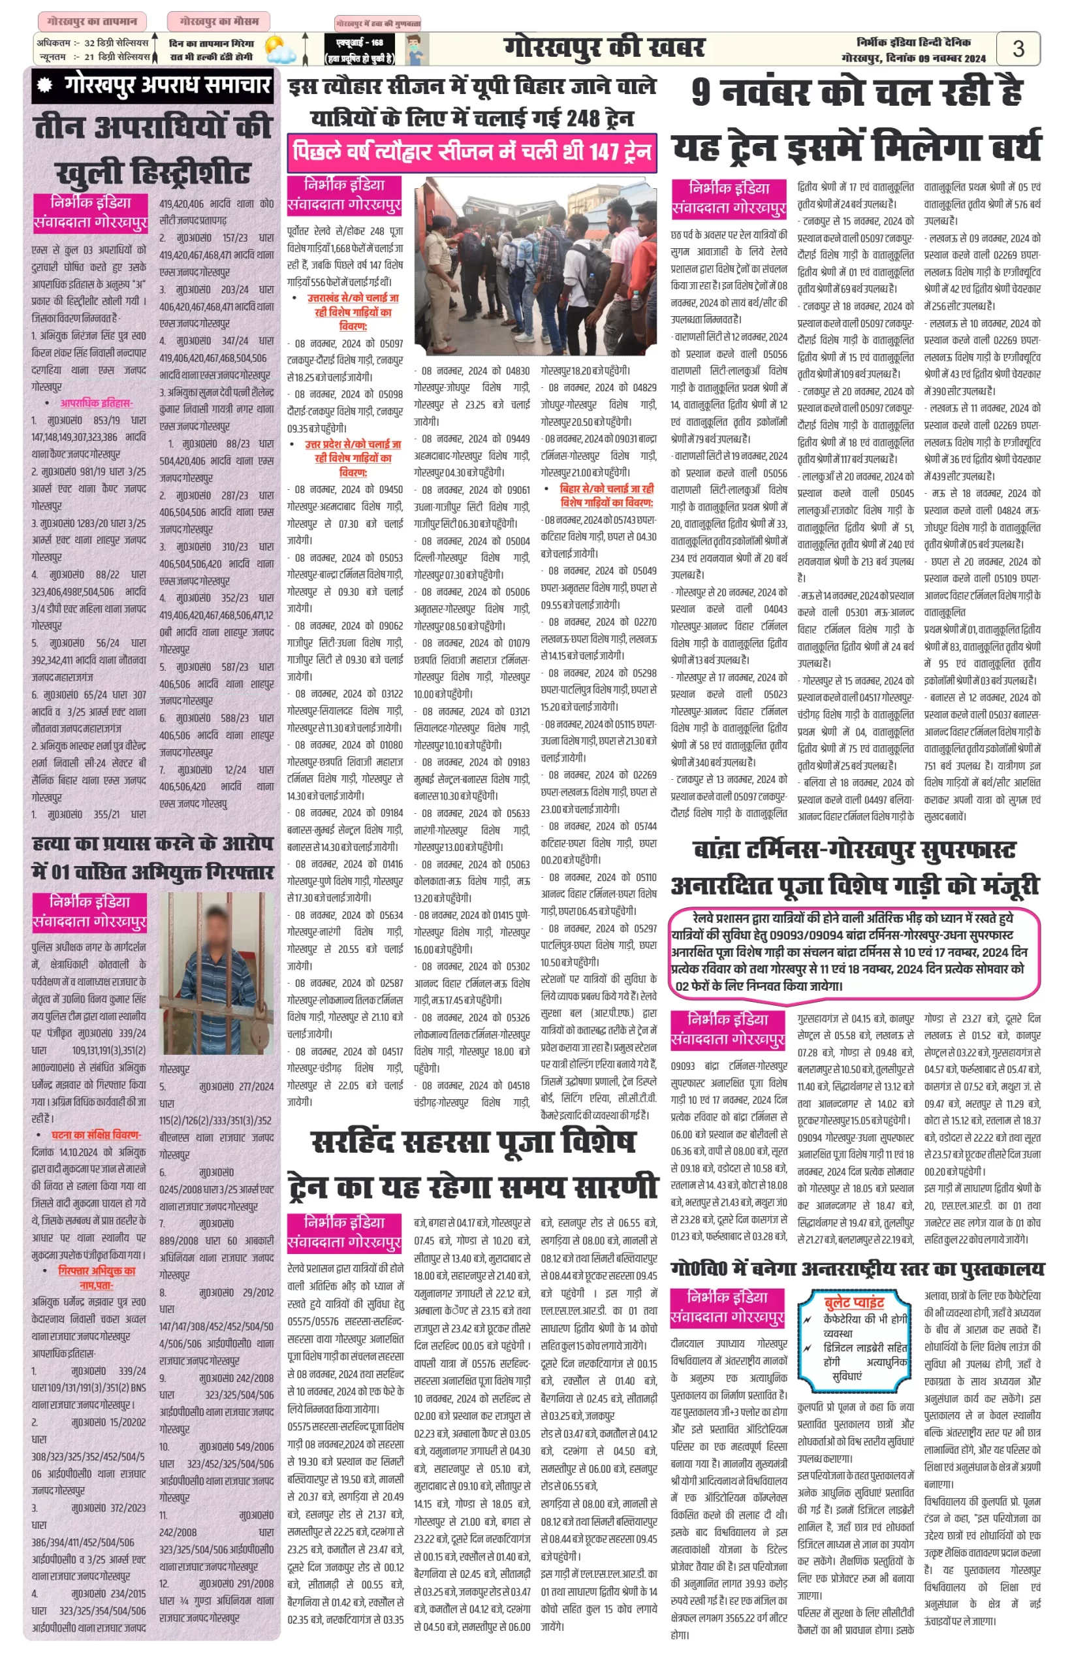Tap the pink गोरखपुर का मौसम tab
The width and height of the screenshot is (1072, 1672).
(x=219, y=22)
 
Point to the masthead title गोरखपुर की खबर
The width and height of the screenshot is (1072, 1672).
(x=603, y=48)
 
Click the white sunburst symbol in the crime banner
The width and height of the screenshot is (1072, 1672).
(x=46, y=86)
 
